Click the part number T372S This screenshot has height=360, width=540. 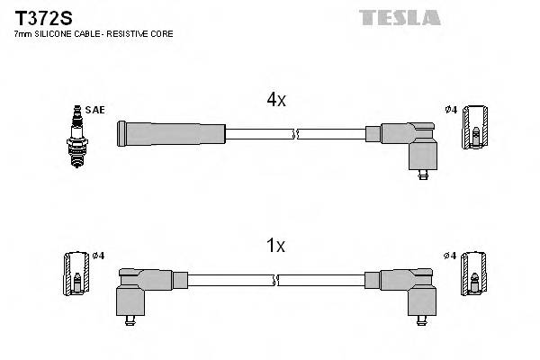click(38, 16)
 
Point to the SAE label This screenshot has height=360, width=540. click(96, 110)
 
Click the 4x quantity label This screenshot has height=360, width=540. click(275, 100)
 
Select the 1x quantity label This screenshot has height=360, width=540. click(275, 246)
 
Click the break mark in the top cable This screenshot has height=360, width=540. click(295, 134)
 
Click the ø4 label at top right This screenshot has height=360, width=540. click(451, 110)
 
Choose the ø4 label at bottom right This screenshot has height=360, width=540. click(451, 256)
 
